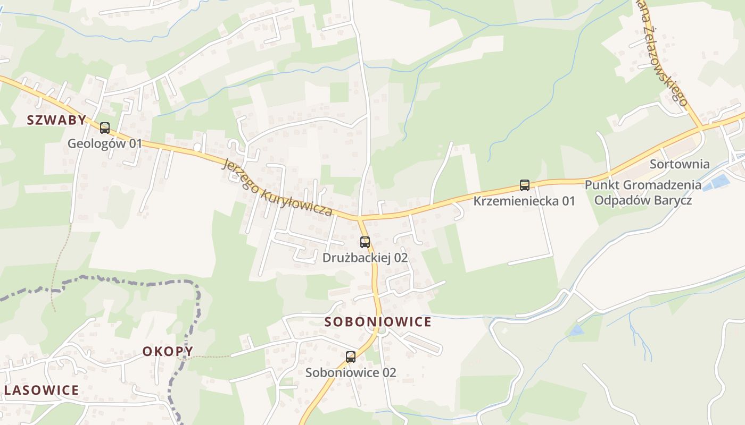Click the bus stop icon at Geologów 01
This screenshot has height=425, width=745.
click(x=105, y=128)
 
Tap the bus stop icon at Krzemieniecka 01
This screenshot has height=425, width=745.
click(x=525, y=185)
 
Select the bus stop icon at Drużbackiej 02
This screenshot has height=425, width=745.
click(x=365, y=242)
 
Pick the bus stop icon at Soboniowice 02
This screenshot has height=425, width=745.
click(x=351, y=357)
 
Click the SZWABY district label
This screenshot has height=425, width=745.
click(x=56, y=120)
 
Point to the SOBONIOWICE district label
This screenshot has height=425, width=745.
click(x=378, y=322)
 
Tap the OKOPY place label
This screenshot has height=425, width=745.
click(x=168, y=351)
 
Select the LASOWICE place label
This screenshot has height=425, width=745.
click(x=42, y=390)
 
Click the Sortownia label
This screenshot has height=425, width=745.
click(x=680, y=164)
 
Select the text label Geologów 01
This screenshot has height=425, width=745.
click(x=105, y=143)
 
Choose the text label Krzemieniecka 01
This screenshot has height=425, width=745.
click(x=524, y=201)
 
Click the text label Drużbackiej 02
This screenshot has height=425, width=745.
click(x=365, y=258)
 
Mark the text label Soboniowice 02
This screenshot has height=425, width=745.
click(x=351, y=372)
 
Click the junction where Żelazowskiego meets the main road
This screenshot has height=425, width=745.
click(x=702, y=127)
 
